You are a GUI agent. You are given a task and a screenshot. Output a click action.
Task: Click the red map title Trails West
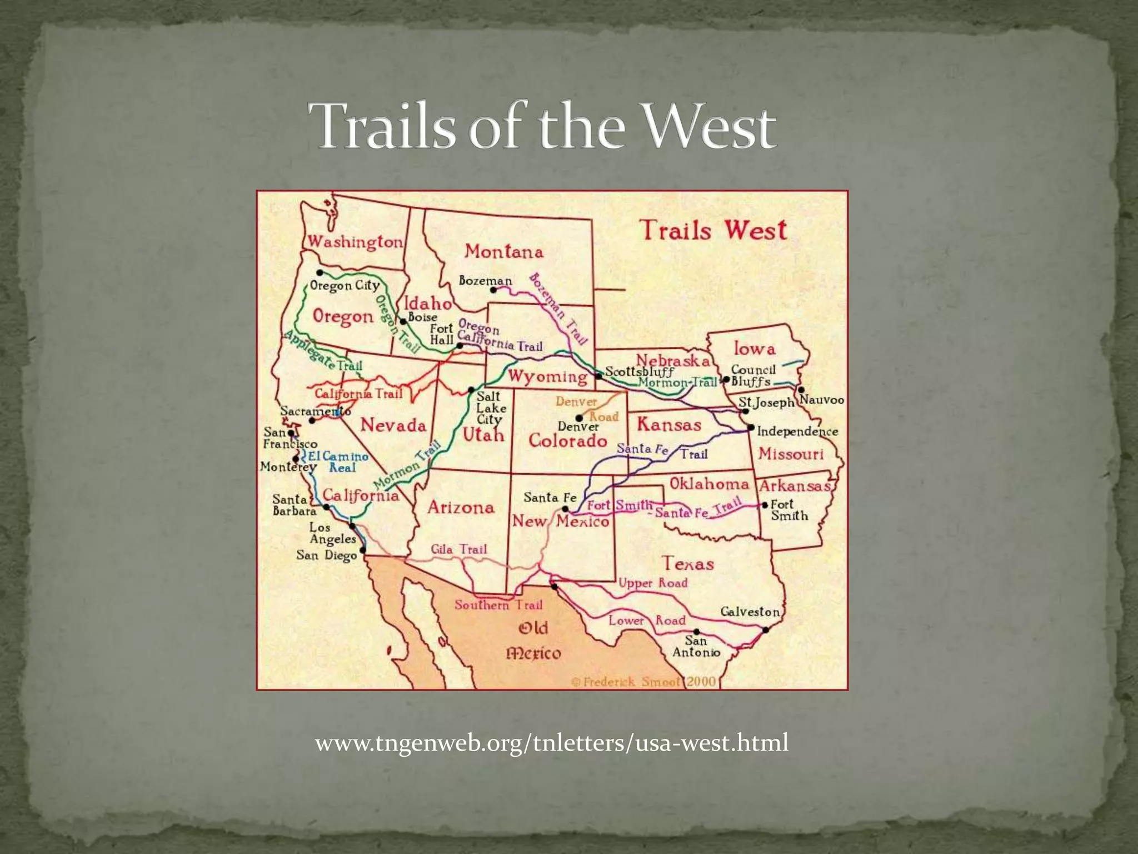pyautogui.click(x=713, y=230)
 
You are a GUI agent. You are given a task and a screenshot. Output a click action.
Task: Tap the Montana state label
pyautogui.click(x=503, y=252)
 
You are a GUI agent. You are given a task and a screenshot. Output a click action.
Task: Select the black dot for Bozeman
pyautogui.click(x=493, y=290)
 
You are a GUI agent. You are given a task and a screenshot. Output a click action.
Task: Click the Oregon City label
pyautogui.click(x=345, y=286)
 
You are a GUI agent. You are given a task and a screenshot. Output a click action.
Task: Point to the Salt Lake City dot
pyautogui.click(x=471, y=390)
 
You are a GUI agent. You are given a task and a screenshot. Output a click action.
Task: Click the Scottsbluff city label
pyautogui.click(x=639, y=371)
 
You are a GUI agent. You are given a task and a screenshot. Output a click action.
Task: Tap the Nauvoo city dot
pyautogui.click(x=801, y=390)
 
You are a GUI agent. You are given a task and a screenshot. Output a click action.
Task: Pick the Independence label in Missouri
pyautogui.click(x=797, y=431)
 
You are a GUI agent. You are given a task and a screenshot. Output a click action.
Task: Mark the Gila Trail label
pyautogui.click(x=459, y=550)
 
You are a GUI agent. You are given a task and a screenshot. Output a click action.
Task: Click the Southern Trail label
pyautogui.click(x=498, y=605)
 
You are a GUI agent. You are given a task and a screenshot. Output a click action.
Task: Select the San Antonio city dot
pyautogui.click(x=697, y=632)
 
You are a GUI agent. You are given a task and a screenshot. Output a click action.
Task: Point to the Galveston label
pyautogui.click(x=750, y=612)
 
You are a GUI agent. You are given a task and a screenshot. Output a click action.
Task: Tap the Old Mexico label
pyautogui.click(x=533, y=640)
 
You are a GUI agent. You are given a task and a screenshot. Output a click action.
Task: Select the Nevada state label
pyautogui.click(x=393, y=426)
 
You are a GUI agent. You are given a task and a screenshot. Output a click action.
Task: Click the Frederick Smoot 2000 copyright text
pyautogui.click(x=643, y=682)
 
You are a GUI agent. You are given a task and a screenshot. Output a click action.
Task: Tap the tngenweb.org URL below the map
pyautogui.click(x=551, y=743)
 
